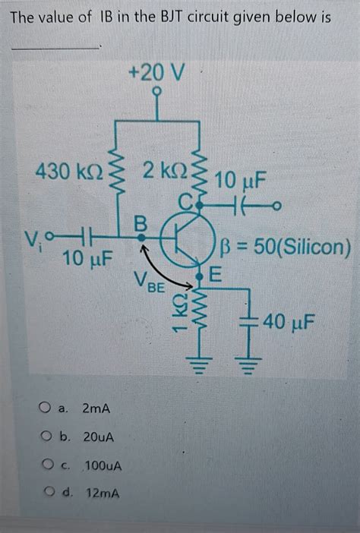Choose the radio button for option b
pos(46,437)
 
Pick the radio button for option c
pos(46,465)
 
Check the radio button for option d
pos(46,493)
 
